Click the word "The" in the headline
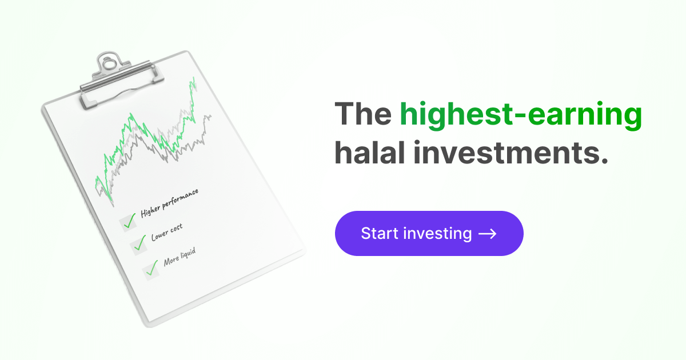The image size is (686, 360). click(x=363, y=114)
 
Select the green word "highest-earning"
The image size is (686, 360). click(x=521, y=115)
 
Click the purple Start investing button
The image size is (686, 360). click(x=429, y=233)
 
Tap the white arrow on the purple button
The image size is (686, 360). click(x=487, y=234)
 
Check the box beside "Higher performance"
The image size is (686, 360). click(x=127, y=222)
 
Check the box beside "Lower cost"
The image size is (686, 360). click(x=139, y=245)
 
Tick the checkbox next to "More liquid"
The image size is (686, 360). click(x=151, y=270)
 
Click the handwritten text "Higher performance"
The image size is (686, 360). click(x=169, y=203)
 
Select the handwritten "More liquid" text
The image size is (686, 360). click(x=180, y=257)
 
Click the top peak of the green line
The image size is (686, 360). click(x=194, y=78)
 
